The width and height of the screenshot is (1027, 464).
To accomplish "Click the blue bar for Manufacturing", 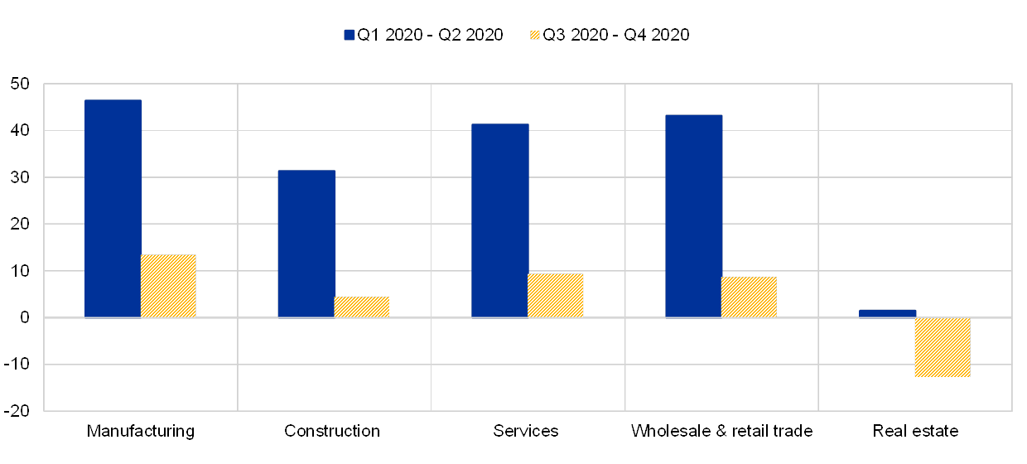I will (x=113, y=208).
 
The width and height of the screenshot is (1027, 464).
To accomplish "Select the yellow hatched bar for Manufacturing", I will (x=168, y=286).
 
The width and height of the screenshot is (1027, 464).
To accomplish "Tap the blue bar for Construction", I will (x=306, y=244).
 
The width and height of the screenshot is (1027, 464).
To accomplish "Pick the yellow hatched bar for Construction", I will (x=361, y=307).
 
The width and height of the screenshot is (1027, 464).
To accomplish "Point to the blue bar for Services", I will (x=499, y=220).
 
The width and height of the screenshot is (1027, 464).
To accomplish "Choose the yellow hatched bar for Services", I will (x=555, y=295).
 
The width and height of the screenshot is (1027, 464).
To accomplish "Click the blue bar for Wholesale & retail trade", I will (x=693, y=215).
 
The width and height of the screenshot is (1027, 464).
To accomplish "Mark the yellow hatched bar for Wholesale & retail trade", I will (x=749, y=297).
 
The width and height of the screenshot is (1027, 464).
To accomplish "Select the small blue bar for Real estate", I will (x=887, y=313).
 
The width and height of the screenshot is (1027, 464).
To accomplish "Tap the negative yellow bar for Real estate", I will (x=943, y=347).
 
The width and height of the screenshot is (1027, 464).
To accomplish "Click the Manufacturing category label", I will (x=141, y=431).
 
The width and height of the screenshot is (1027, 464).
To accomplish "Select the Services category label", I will (x=527, y=431).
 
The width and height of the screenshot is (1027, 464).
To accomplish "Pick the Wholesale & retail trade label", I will (x=721, y=431).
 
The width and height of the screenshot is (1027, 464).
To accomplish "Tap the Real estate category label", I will (x=917, y=431).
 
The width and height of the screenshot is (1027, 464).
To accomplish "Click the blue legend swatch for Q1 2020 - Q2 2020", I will (x=349, y=35).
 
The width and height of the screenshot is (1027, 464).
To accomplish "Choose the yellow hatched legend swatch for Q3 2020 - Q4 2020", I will (x=534, y=35).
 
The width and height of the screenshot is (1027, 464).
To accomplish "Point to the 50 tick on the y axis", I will (x=20, y=84).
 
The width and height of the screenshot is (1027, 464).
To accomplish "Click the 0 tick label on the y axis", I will (x=24, y=317).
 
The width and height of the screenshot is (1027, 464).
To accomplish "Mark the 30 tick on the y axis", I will (x=20, y=177).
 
